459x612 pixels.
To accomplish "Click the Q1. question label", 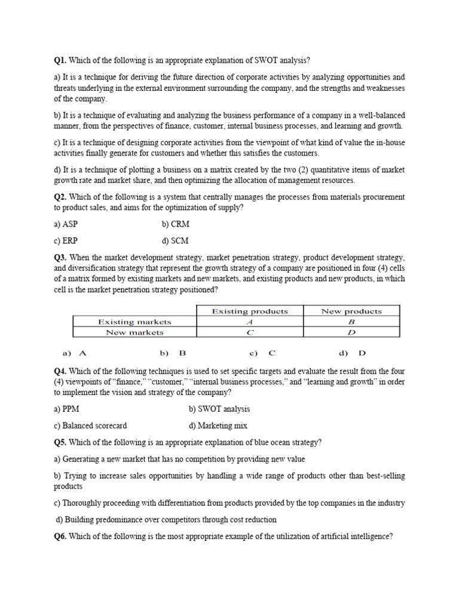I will [60, 60].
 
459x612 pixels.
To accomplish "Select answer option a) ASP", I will [66, 224].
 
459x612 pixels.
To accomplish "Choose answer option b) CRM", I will [176, 224].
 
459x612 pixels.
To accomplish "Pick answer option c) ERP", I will [66, 241].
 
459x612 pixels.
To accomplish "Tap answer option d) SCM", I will [175, 241].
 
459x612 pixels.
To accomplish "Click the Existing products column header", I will [250, 311].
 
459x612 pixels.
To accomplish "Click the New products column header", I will [351, 311].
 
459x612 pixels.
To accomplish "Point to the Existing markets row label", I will [134, 322].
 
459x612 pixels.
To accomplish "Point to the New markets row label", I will [134, 332].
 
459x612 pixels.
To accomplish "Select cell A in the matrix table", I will [250, 322].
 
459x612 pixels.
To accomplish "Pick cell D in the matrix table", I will [351, 332].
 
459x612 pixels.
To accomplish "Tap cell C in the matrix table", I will [250, 332].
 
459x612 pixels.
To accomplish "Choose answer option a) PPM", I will [66, 409].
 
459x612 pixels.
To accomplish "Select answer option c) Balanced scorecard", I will [90, 426].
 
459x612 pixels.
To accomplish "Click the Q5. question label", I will [60, 442].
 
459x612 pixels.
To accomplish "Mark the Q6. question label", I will [60, 536].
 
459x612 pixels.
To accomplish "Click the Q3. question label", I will [60, 258].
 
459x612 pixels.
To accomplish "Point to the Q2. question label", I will [60, 197].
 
